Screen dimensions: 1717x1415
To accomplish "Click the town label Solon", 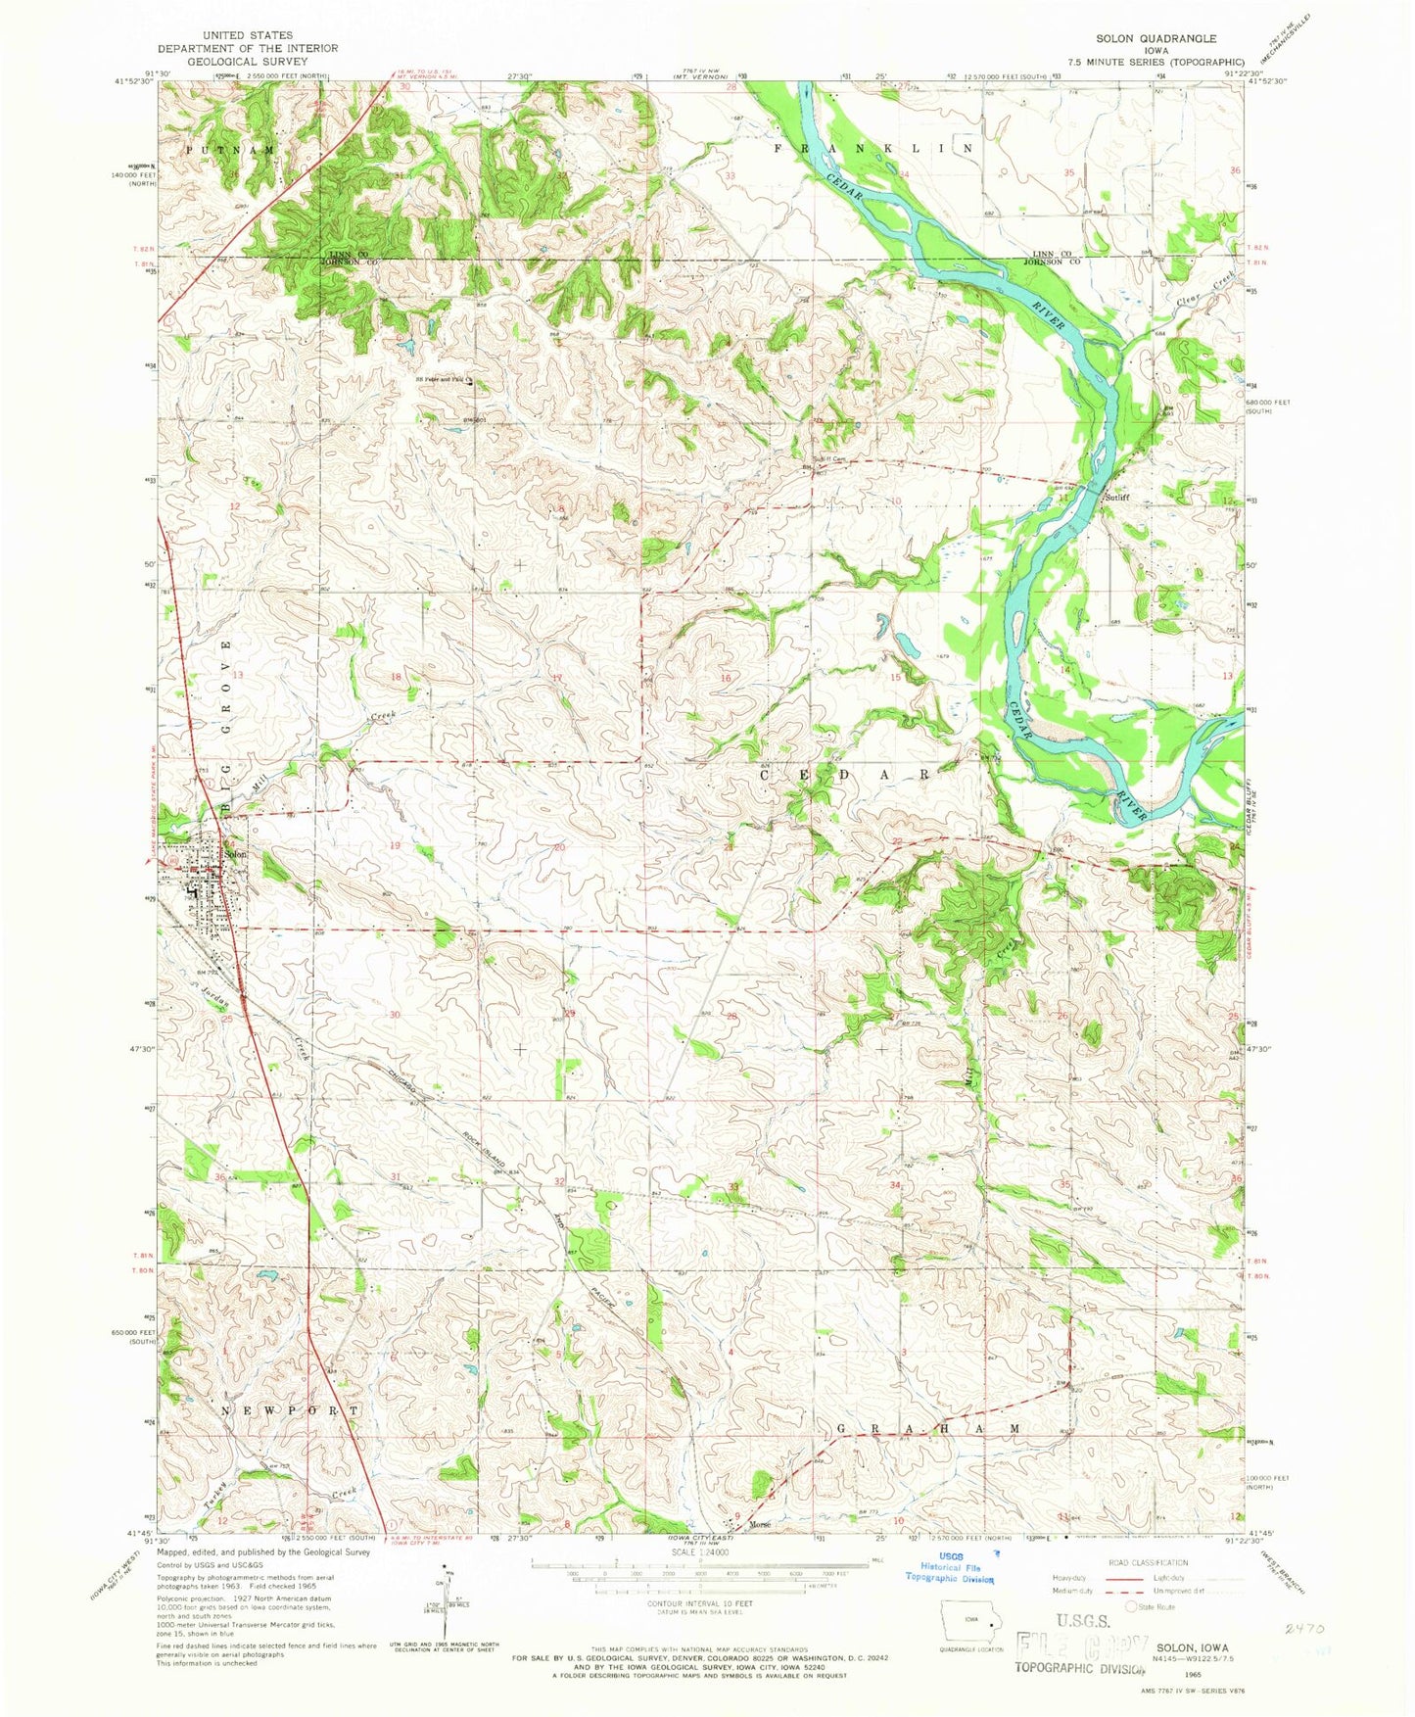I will (236, 854).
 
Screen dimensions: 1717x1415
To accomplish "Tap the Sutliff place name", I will (1117, 497).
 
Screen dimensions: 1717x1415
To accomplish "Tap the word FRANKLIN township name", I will (874, 148).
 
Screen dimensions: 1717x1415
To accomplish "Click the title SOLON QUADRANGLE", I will (1156, 38).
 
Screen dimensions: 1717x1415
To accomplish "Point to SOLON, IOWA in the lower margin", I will (1193, 1647).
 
